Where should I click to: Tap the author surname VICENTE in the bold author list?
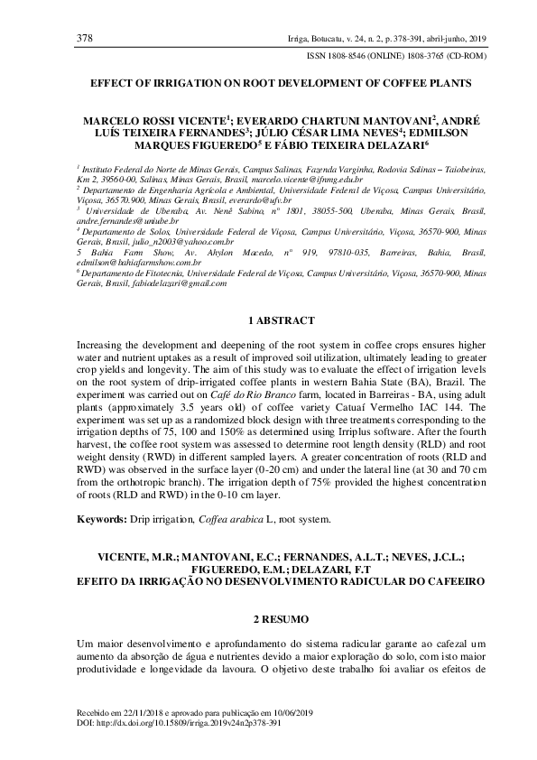190,119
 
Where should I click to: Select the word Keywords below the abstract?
100,521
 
